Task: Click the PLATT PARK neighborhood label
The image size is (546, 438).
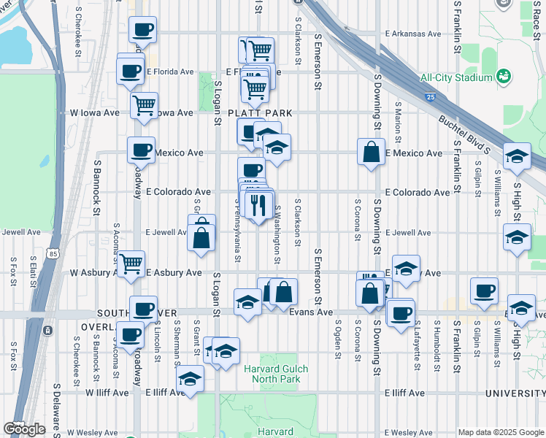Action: tap(260, 113)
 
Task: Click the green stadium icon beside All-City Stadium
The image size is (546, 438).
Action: tap(503, 76)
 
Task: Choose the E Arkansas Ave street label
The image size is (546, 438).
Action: tap(412, 34)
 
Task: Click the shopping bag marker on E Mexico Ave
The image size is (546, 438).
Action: tap(371, 152)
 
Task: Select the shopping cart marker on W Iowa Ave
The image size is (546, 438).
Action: tap(145, 104)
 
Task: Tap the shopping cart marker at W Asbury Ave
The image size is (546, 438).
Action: tap(131, 263)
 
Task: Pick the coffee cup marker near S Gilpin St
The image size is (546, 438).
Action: tap(483, 290)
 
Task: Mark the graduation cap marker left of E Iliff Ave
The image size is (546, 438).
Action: tap(190, 379)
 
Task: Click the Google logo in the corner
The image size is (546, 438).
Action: tap(24, 429)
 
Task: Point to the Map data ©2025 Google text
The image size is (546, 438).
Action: tap(500, 432)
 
